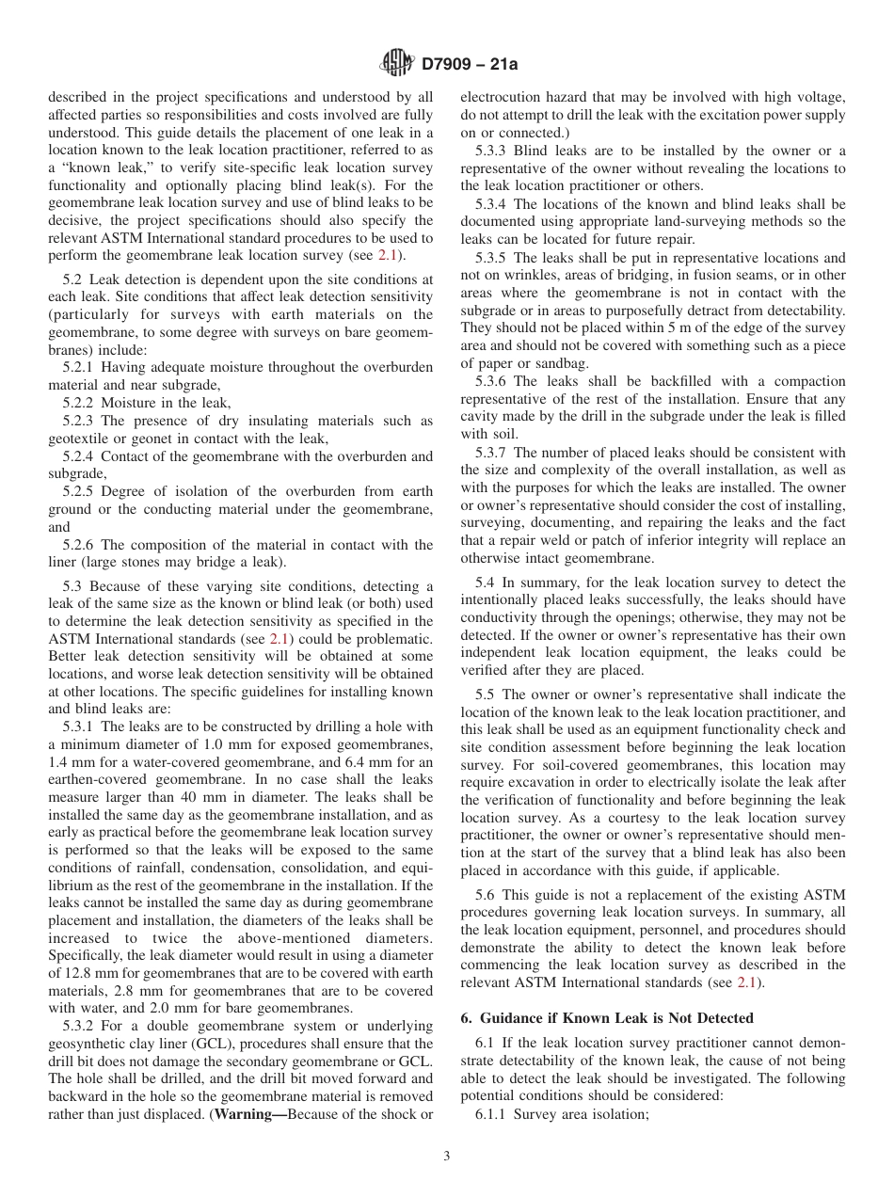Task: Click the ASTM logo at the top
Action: pos(396,64)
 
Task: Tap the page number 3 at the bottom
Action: pos(446,1157)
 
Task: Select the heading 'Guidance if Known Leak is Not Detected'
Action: pos(623,1018)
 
